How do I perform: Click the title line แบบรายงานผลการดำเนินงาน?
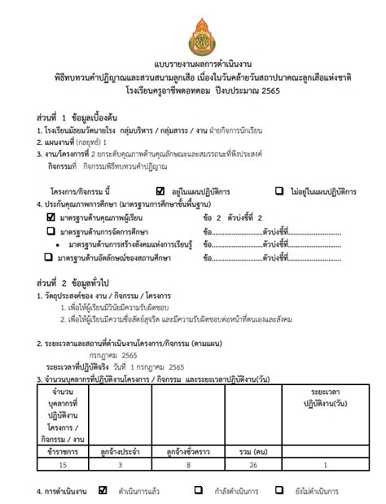(192, 64)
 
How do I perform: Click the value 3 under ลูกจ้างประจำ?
(121, 465)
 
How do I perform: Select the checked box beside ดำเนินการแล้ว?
(103, 491)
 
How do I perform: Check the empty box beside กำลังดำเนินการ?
(199, 491)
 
